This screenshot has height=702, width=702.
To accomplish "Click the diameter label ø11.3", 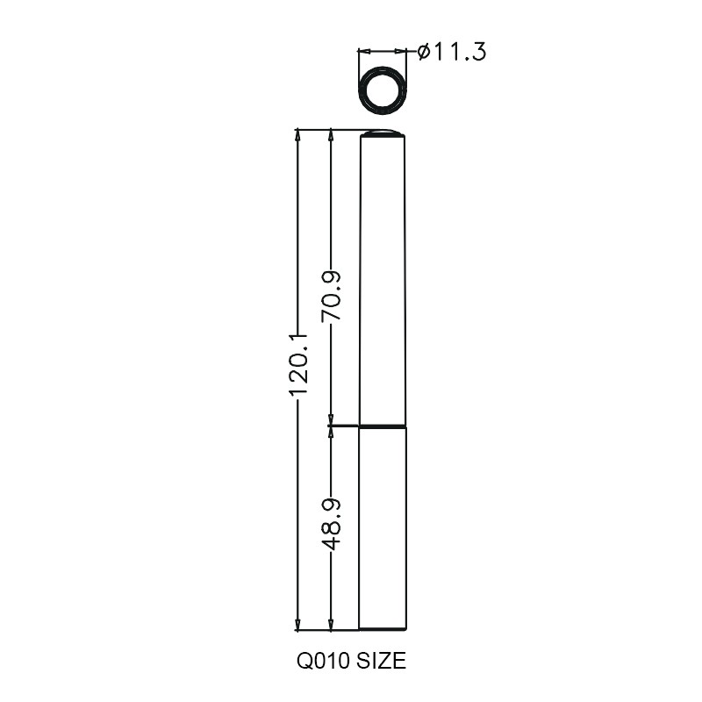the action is (x=451, y=52).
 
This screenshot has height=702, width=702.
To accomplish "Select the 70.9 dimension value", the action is (x=332, y=296).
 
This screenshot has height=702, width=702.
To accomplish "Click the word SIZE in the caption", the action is (x=382, y=661).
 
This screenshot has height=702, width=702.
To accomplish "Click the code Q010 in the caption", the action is (x=324, y=661).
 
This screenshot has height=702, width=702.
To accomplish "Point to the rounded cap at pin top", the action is (x=383, y=133).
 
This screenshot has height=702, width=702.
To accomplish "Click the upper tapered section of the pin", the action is (x=383, y=281).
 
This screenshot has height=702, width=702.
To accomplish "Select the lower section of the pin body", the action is (x=383, y=528).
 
